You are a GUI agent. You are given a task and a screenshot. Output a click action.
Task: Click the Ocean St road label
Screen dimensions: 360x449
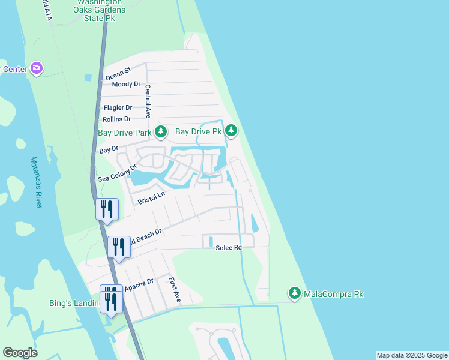118,74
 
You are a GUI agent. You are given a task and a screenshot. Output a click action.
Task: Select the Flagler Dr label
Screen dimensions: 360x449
118,107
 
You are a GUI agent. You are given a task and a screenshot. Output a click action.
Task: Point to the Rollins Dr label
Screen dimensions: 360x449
117,119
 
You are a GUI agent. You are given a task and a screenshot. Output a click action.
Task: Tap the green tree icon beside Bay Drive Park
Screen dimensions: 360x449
160,131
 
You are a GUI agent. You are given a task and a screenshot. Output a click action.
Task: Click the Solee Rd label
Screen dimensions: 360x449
229,247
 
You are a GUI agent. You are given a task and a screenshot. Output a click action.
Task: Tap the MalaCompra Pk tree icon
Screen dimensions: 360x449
294,293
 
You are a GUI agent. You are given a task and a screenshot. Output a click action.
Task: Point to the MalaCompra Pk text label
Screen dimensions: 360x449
334,294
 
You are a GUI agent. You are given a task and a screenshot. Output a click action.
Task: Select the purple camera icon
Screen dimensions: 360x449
37,68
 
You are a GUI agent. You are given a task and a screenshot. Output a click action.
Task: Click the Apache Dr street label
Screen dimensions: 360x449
139,284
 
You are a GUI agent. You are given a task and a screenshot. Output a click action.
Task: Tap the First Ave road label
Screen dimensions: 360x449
174,289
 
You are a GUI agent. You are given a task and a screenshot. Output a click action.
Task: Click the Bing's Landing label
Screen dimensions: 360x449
74,303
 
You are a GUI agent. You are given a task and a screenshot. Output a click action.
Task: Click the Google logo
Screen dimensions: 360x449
20,353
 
